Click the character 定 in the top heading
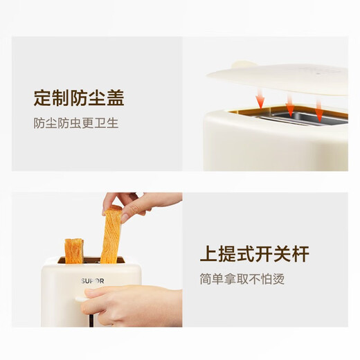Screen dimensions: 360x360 (x=43, y=98)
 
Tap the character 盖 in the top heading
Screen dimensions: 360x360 (x=115, y=98)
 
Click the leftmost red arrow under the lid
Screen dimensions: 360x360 (x=260, y=99)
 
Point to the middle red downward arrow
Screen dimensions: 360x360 (x=290, y=106)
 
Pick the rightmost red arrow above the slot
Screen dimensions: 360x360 (x=319, y=109)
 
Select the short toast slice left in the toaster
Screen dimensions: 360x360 (x=73, y=251)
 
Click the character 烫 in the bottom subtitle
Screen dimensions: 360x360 (x=278, y=280)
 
